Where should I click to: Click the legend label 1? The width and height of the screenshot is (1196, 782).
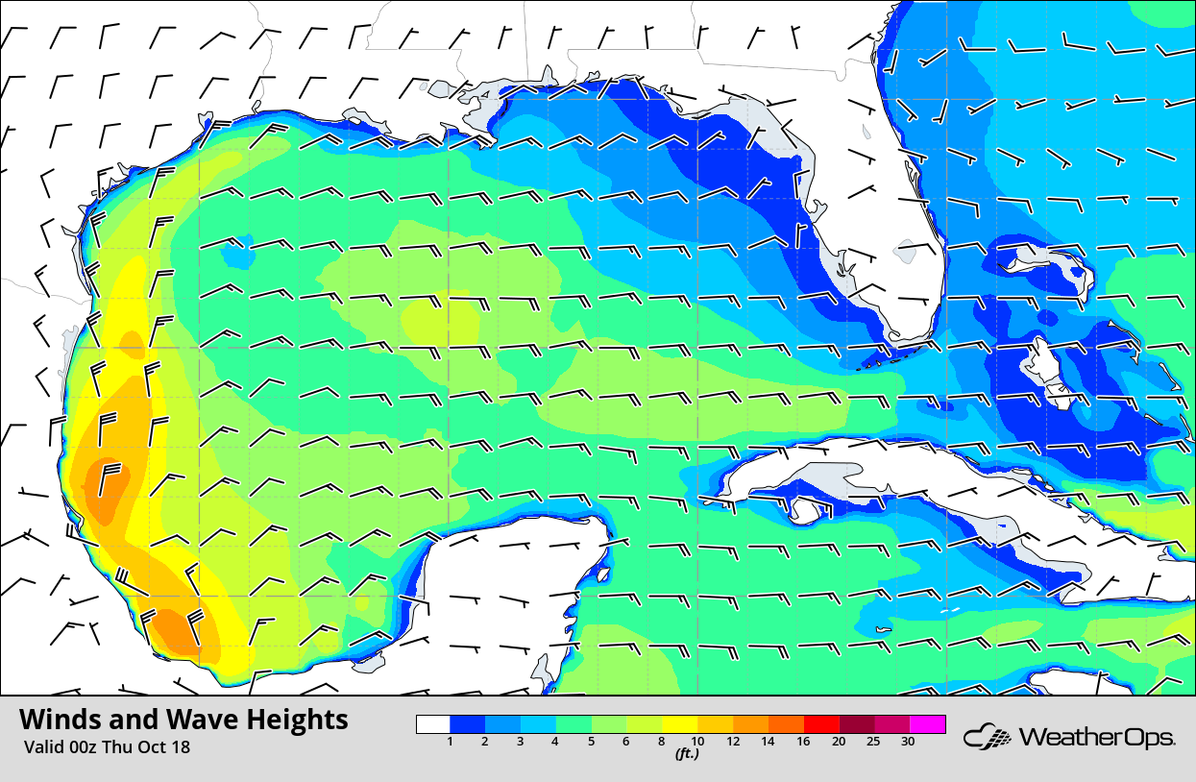(450, 741)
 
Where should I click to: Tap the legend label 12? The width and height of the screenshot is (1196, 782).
(732, 741)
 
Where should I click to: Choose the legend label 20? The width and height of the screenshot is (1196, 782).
(839, 741)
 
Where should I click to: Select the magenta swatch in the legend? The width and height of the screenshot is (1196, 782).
(928, 724)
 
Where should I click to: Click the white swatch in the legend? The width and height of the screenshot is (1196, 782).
(433, 724)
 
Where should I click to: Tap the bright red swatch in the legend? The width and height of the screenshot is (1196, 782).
(821, 724)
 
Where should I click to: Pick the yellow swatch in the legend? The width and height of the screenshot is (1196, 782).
(680, 724)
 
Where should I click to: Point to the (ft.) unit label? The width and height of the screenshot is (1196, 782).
(686, 754)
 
